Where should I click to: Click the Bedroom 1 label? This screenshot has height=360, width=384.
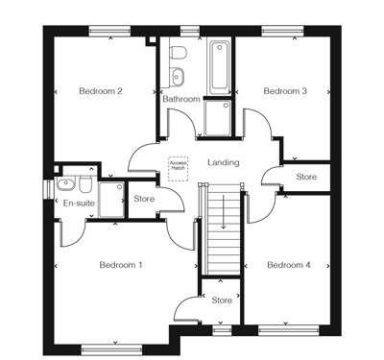121,264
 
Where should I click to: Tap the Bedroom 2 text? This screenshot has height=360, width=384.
100,91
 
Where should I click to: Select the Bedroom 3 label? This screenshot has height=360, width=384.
285,91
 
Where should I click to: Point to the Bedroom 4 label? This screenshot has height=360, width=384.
289,265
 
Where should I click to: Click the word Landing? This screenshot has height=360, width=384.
223,162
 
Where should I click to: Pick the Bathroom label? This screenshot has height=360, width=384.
181,99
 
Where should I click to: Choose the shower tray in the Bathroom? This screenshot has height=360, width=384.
217,119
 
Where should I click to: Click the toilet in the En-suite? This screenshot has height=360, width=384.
86,184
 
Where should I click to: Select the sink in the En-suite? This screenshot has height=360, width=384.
65,184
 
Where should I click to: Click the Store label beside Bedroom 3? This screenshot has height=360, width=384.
306,177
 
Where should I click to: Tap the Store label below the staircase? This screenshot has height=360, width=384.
222,300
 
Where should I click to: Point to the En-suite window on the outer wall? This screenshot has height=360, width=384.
48,188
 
